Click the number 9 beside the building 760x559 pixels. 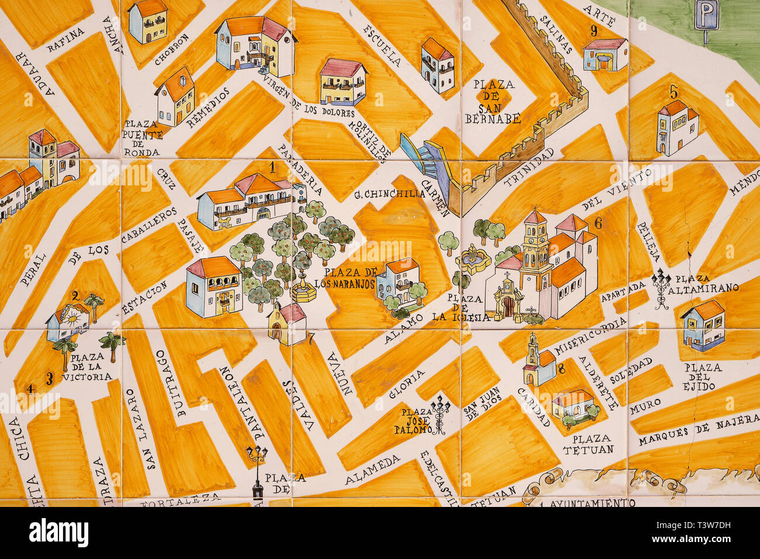tap(594, 31)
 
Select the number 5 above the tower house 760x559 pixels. tap(673, 92)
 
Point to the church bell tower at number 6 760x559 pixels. tap(534, 246)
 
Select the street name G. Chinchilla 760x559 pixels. tap(389, 195)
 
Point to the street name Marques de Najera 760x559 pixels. tap(697, 433)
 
